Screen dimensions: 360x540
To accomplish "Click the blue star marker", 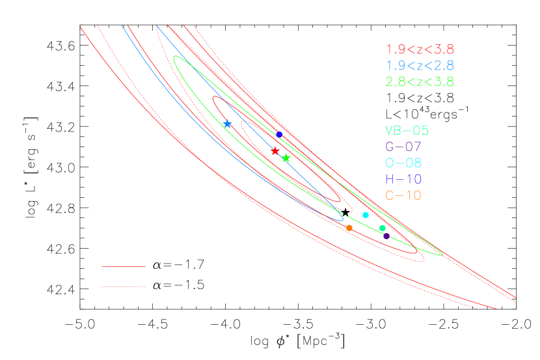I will click(x=227, y=124).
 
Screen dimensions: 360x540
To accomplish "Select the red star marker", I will click(x=275, y=151).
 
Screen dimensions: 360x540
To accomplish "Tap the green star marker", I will click(x=286, y=158).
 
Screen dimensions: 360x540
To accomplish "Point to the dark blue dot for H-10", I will click(x=279, y=134).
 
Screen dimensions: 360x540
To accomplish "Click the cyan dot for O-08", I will click(x=366, y=215).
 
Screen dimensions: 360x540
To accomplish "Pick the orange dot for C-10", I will click(x=349, y=228).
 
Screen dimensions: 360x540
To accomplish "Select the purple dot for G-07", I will click(x=386, y=236).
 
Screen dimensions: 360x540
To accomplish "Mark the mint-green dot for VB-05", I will click(x=383, y=228).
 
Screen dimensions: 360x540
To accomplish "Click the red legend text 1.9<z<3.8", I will click(x=420, y=49).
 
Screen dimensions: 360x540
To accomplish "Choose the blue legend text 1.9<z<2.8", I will click(x=420, y=66).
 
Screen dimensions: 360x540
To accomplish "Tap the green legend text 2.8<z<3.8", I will click(x=420, y=82).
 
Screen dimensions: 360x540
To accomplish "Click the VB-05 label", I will click(x=407, y=130).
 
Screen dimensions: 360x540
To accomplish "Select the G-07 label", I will click(x=403, y=146).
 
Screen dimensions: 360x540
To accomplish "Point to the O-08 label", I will click(x=403, y=163).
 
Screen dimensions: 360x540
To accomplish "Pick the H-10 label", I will click(x=403, y=179).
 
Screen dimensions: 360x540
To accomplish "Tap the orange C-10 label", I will click(x=403, y=195).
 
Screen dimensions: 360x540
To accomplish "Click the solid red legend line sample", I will click(x=124, y=266).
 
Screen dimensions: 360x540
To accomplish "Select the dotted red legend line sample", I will click(x=124, y=286).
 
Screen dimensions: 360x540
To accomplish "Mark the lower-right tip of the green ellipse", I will click(x=442, y=255).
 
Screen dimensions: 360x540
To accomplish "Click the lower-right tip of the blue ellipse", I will click(x=342, y=220).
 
